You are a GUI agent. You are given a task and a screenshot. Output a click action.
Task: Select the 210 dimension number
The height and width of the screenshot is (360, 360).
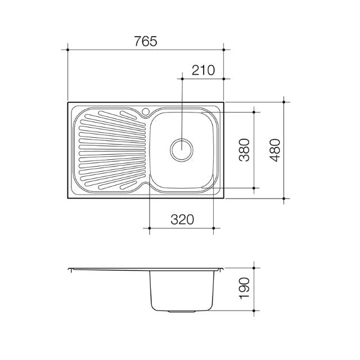point(203,70)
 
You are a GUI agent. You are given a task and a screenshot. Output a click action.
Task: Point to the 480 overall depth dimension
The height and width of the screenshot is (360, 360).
point(274,150)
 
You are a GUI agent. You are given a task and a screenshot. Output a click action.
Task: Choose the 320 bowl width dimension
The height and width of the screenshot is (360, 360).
point(182,219)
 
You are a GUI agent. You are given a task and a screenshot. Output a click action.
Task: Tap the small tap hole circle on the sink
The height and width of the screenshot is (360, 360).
point(146,111)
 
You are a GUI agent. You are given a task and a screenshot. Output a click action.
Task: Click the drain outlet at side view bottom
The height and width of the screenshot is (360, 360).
point(182,310)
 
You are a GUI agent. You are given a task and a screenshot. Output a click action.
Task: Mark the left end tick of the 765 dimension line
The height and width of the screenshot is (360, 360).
point(67,50)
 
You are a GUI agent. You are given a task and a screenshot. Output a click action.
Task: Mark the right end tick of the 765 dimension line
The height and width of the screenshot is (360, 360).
point(224,50)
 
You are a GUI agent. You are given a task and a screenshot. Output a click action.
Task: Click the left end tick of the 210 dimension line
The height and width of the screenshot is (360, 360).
point(182,78)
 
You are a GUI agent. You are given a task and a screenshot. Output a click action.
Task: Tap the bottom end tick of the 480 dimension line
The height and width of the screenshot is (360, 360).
point(285,199)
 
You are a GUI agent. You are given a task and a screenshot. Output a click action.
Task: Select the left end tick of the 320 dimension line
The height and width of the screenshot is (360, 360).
point(149,228)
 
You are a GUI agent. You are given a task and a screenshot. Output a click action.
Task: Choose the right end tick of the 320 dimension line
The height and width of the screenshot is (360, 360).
point(214,228)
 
